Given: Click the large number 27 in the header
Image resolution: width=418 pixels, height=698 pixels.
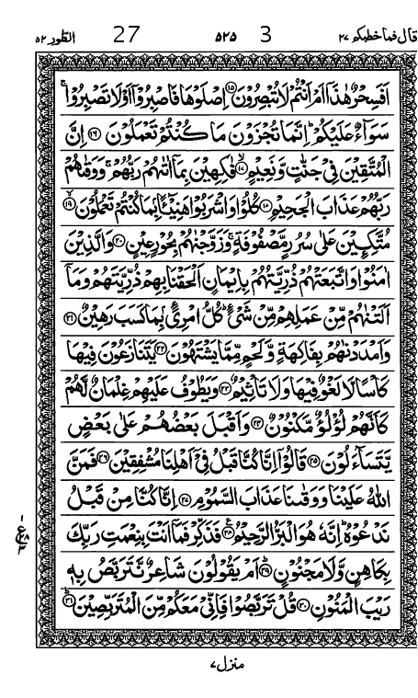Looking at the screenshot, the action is pyautogui.click(x=126, y=38).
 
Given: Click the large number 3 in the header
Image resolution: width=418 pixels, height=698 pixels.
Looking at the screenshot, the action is pyautogui.click(x=266, y=38).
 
